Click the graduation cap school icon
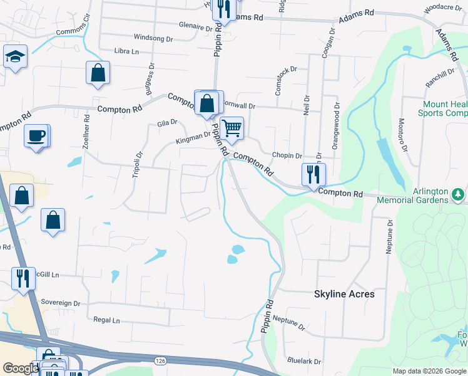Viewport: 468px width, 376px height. pos(15,57)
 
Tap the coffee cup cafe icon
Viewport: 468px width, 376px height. pos(36,135)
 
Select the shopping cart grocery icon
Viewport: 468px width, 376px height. pos(231,128)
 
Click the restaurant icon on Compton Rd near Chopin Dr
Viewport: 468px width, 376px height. pos(312,174)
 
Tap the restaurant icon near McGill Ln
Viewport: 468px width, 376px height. pos(23,278)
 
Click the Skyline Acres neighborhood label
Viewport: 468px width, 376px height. pos(344,294)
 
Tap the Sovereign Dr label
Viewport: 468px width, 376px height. pos(61,303)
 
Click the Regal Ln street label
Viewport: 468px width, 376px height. pos(106,320)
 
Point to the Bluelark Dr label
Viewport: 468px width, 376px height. pos(304,362)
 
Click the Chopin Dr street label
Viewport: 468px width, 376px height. pos(287,155)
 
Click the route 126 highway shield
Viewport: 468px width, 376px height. pos(161,360)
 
